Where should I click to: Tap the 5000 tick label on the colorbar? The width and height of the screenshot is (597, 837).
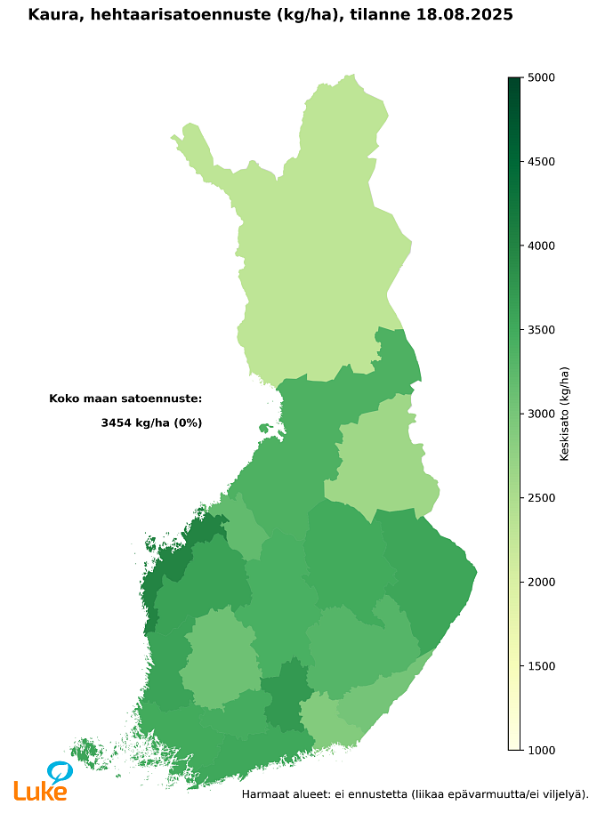point(541,77)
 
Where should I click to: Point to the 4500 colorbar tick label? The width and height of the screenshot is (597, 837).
point(541,162)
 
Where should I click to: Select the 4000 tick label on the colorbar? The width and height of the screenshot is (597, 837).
point(541,245)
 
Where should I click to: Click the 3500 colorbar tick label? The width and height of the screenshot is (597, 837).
point(541,330)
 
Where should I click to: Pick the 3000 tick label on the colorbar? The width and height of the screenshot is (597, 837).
point(541,414)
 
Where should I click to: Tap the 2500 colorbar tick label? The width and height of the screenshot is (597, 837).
point(541,498)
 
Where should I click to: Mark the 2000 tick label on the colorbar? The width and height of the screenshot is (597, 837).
point(541,582)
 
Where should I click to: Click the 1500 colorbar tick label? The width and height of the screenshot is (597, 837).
point(541,666)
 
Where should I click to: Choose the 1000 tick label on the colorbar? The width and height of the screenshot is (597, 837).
point(541,750)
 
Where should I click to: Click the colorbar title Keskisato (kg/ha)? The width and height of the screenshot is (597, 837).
point(564,414)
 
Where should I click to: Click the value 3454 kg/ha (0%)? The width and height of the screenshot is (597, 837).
point(151,423)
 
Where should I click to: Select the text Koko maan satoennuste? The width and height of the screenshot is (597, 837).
point(125,398)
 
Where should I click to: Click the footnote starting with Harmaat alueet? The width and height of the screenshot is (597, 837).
point(415,793)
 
